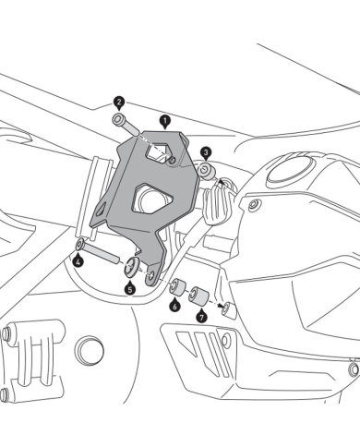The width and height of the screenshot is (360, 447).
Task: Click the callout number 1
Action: pyautogui.click(x=164, y=120)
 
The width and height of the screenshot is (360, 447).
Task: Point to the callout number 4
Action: pyautogui.click(x=78, y=262)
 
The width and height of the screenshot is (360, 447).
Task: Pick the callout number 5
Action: pyautogui.click(x=130, y=288)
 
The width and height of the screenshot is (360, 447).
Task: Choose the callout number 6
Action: pyautogui.click(x=174, y=305)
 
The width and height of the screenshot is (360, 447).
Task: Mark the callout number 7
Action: pyautogui.click(x=201, y=316)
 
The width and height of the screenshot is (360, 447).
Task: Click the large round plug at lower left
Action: pyautogui.click(x=89, y=349)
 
